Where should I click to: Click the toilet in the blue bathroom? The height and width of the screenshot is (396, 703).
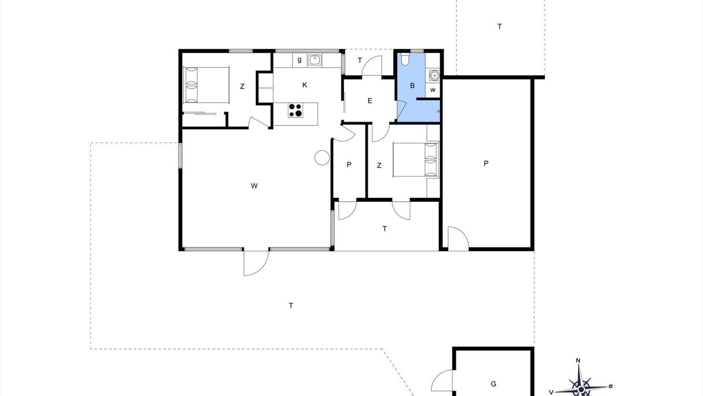tap(405, 59)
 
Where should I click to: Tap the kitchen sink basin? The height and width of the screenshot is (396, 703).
tap(315, 60)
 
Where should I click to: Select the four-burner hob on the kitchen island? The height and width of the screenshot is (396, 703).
tap(295, 111)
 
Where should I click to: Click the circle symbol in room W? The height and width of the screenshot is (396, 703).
tap(322, 157)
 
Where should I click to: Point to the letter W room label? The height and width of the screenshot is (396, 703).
tap(254, 186)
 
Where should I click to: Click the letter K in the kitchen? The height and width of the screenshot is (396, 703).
tap(304, 85)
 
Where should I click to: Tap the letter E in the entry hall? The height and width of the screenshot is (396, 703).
tap(370, 101)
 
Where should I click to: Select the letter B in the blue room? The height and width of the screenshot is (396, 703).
tap(412, 85)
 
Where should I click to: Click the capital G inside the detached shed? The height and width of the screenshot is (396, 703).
tap(493, 384)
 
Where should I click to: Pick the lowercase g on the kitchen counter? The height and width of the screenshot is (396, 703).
tap(299, 60)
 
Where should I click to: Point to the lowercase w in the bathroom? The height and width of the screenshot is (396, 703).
tap(433, 90)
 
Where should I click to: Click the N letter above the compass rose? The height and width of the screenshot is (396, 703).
tap(578, 360)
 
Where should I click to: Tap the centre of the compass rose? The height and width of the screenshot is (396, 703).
tap(581, 389)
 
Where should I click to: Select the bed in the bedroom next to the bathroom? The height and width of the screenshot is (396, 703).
tap(416, 159)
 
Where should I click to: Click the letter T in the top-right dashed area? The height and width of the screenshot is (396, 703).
tap(499, 26)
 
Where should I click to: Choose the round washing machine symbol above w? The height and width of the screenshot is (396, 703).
tap(434, 75)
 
